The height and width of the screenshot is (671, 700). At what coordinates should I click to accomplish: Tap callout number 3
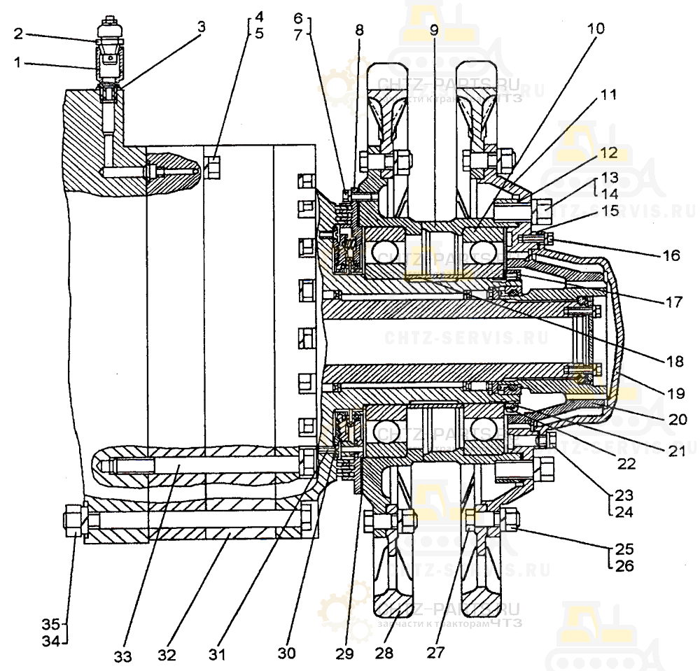click(x=202, y=27)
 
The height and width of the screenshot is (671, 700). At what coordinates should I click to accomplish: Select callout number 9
click(x=433, y=31)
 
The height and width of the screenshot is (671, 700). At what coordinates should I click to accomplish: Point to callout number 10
click(x=596, y=29)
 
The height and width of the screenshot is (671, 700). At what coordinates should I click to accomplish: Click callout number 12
click(x=607, y=150)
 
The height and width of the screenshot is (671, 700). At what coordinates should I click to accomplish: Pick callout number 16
click(x=671, y=255)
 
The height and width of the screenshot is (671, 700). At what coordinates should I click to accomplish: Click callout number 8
click(x=359, y=30)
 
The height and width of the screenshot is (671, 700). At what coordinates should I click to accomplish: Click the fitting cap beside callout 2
click(x=109, y=30)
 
